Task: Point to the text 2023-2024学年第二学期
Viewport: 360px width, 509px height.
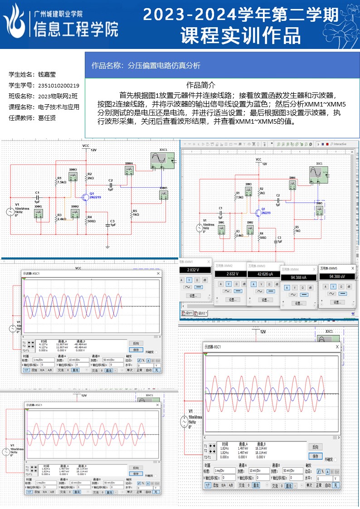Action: tap(241, 15)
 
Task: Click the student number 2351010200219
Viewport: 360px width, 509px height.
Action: tap(58, 85)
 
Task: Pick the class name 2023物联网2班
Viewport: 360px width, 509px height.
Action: tap(58, 96)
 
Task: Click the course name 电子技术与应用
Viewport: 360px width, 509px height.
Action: tap(58, 107)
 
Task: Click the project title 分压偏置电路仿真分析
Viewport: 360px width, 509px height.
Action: tap(164, 65)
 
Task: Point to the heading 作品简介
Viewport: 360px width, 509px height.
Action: tap(201, 85)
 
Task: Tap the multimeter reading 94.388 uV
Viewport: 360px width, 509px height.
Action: tap(337, 276)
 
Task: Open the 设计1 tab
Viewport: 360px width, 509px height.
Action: tap(188, 313)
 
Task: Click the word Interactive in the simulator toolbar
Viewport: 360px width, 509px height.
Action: tap(340, 144)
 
